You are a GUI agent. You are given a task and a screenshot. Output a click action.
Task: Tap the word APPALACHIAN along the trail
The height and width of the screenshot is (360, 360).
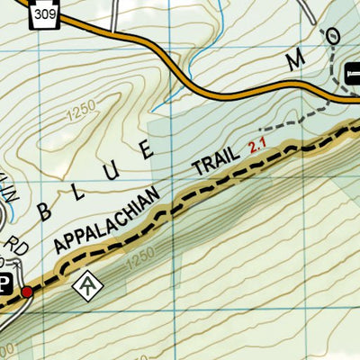(107, 220)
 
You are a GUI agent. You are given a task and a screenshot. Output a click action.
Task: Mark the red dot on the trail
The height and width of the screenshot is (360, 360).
(28, 292)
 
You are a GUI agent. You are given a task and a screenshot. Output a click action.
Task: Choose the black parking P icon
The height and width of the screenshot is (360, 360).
(4, 283)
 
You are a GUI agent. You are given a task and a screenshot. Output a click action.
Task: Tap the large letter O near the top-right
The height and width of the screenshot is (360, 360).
(334, 35)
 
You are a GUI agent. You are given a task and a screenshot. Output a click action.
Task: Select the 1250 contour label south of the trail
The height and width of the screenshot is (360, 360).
(140, 263)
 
